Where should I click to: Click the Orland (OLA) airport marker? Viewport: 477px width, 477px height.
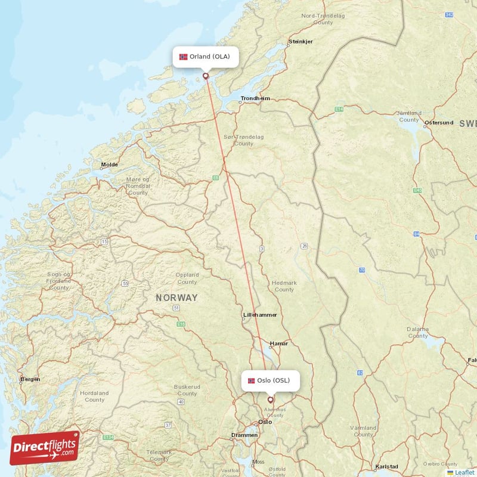[x=206, y=76]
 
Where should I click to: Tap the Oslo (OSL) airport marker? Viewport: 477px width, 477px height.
[x=270, y=400]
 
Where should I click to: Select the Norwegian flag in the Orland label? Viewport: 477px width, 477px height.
[x=183, y=57]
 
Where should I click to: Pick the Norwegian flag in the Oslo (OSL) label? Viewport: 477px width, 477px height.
[x=251, y=380]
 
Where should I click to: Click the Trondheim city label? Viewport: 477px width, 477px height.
[x=255, y=98]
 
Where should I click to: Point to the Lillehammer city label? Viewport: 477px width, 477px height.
[x=260, y=314]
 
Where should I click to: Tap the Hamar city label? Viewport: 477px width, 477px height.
[x=278, y=343]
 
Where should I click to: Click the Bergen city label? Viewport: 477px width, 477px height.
[x=30, y=379]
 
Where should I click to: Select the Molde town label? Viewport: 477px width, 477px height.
[x=109, y=165]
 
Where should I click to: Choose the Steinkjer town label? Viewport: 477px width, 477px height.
[x=301, y=42]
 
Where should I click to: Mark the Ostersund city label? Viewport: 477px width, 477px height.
[x=439, y=123]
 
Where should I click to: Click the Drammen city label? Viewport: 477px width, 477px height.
[x=244, y=435]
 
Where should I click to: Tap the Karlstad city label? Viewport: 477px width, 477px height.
[x=387, y=466]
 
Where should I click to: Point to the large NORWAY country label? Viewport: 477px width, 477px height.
[x=176, y=297]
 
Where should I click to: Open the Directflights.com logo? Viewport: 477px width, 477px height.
[x=45, y=448]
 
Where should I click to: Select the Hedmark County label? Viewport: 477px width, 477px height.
[x=284, y=286]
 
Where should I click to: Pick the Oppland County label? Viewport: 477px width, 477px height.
[x=187, y=278]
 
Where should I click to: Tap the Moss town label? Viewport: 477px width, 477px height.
[x=258, y=461]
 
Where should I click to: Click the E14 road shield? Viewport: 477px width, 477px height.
[x=339, y=109]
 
